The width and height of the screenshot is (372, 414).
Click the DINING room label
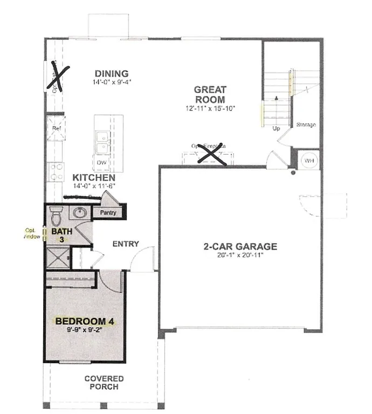111,74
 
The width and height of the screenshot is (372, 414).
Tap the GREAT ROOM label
210,94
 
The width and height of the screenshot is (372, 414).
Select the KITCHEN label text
94,177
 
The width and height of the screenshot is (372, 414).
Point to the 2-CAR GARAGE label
240,247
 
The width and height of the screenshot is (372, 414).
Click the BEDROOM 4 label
85,322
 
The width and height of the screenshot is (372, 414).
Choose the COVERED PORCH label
104,383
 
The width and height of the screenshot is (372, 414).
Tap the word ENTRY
126,244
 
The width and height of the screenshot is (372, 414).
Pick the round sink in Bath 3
80,212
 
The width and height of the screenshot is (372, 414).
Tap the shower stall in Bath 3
58,257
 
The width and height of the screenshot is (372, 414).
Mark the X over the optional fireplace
210,153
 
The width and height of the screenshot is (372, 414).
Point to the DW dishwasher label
101,162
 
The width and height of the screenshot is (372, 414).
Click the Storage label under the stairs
306,125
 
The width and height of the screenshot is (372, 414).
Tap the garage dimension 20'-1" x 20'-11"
240,256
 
